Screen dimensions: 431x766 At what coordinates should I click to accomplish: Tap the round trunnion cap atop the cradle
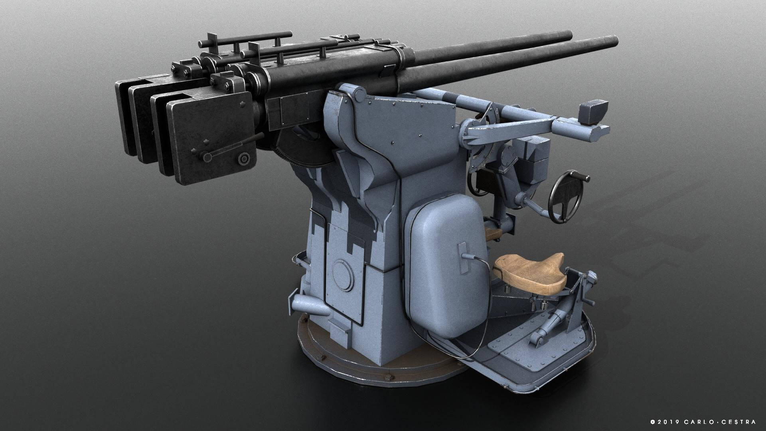(359, 95)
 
